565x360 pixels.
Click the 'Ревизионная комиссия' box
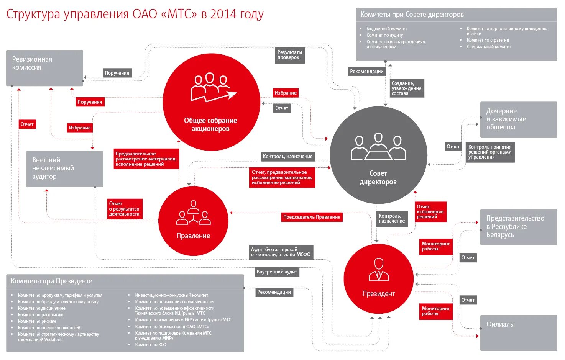point(44,68)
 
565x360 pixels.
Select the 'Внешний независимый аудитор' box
point(64,169)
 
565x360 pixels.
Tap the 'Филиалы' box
point(518,332)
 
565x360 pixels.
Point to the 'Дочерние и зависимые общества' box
point(518,119)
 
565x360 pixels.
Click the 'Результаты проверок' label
point(290,55)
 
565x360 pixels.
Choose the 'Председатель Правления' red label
point(311,217)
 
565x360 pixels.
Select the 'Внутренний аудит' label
point(276,272)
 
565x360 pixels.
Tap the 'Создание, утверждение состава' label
point(406,88)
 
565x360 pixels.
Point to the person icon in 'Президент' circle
point(379,270)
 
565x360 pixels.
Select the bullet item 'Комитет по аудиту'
point(384,35)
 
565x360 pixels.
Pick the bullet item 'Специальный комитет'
point(489,47)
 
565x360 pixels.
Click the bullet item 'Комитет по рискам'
point(37,321)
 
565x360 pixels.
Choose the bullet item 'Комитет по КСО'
point(151,345)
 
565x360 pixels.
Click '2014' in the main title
point(223,15)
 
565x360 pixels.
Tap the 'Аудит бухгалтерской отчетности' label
point(281,252)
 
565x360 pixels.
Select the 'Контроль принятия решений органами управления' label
point(490,152)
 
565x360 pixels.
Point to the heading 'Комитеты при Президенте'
point(51,281)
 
